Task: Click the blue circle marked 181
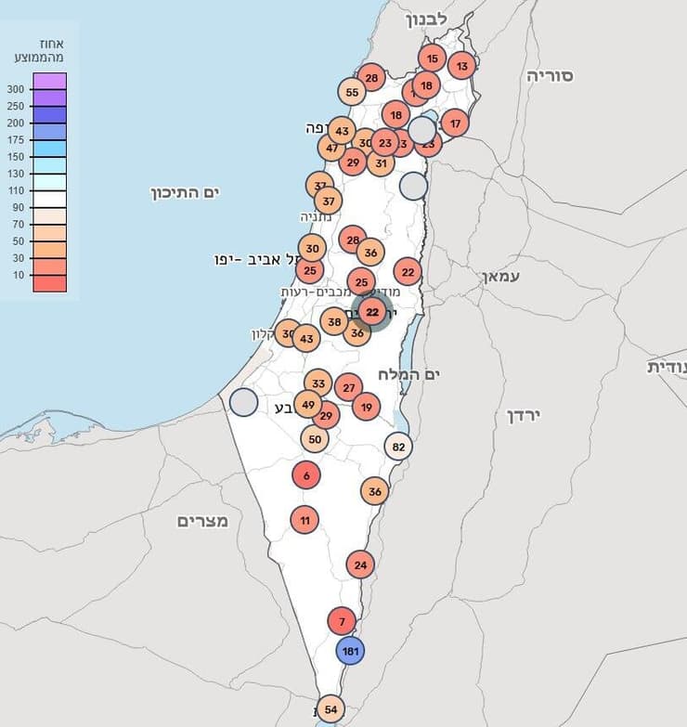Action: pos(350,652)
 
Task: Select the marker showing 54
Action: pos(331,710)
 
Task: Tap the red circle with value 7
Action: pos(342,621)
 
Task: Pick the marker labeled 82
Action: pos(398,447)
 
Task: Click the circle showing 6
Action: pos(305,475)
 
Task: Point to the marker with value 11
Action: pos(305,520)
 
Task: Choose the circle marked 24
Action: pos(360,564)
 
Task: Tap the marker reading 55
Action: pos(352,92)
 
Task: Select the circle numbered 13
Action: pos(461,65)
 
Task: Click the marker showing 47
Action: pos(331,148)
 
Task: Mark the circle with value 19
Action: pos(367,406)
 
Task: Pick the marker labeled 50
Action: pos(315,439)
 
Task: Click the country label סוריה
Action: pos(551,76)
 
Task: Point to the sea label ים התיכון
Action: pos(189,192)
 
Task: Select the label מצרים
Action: pos(202,521)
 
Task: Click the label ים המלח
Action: pos(408,373)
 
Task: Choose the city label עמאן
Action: pos(501,277)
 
